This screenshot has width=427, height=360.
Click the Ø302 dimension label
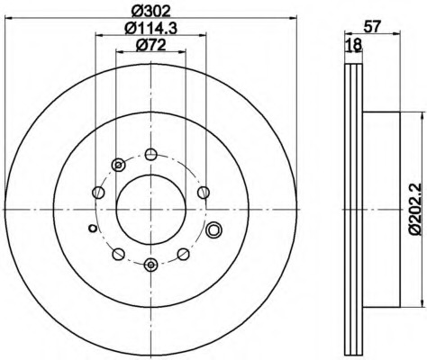click(151, 12)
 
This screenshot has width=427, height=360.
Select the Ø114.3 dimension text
click(151, 29)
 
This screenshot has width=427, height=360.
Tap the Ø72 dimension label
click(151, 46)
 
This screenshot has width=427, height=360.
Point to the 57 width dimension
click(372, 26)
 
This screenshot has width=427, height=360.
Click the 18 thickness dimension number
click(353, 46)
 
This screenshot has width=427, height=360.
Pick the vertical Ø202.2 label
click(417, 209)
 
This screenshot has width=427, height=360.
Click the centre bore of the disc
click(151, 210)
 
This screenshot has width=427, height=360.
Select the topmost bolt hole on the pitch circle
click(151, 155)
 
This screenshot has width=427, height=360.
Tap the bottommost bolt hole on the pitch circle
click(150, 265)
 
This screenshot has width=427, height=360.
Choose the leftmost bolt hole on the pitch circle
click(98, 193)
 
